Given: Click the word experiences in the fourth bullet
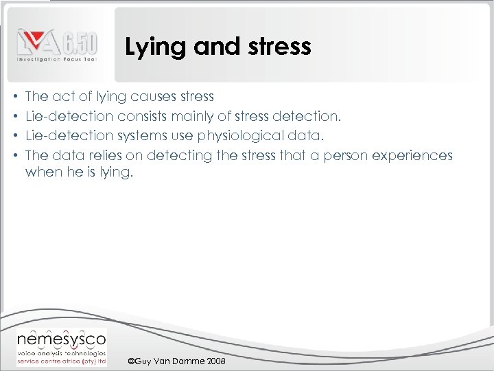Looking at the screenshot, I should pos(412,155).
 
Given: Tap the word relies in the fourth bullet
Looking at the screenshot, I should pos(102,155).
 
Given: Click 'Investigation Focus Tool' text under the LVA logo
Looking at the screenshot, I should pos(57,61).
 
